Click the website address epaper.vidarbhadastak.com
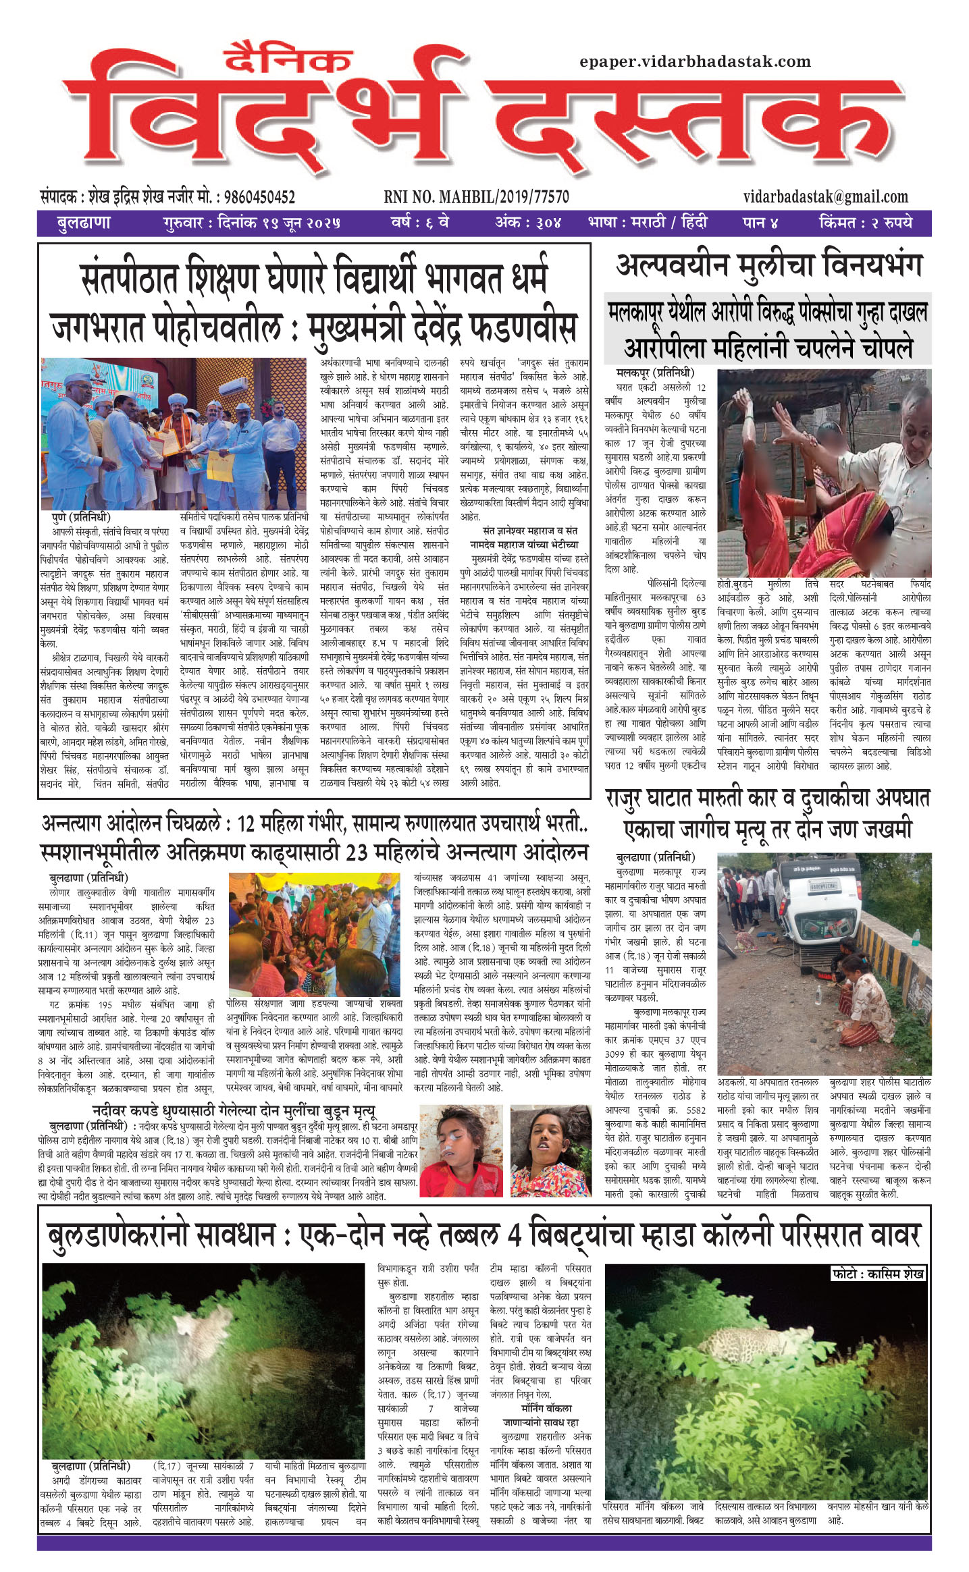tap(695, 62)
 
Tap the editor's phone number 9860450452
tap(259, 197)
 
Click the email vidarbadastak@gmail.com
tap(825, 197)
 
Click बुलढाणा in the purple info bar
tap(84, 222)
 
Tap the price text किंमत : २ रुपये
tap(865, 222)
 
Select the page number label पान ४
tap(760, 222)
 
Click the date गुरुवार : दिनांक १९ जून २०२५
tap(251, 222)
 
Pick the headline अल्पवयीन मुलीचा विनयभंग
tap(768, 266)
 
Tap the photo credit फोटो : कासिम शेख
tap(878, 1273)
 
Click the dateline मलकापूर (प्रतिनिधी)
tap(655, 373)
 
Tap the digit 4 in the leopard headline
tap(514, 1235)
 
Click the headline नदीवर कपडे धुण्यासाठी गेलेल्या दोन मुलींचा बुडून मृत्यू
tap(234, 1110)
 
